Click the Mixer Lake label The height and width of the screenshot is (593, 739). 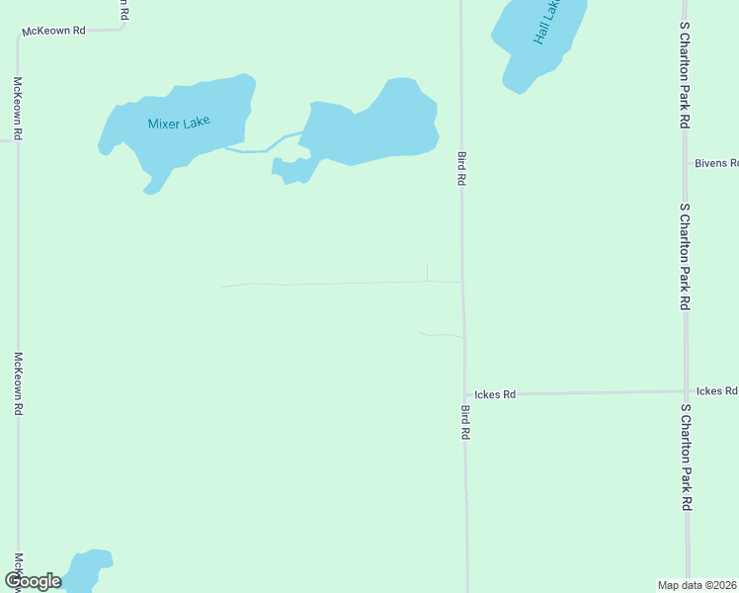point(179,124)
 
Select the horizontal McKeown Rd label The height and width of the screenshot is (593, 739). point(54,31)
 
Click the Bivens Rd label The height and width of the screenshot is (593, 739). point(715,163)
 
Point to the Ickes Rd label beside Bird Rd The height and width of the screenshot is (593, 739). point(495,394)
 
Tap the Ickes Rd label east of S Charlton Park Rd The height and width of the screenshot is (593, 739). point(716,391)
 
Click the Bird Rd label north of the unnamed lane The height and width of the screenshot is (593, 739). point(460,169)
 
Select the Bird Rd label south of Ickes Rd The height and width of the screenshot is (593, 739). point(465,422)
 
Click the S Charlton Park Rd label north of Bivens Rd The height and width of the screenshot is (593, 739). point(684,74)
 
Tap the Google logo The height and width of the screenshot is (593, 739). point(34,581)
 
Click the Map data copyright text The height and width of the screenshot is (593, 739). point(697,584)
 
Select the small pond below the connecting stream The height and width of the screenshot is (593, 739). point(291,171)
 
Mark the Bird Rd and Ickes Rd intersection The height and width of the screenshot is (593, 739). point(464,394)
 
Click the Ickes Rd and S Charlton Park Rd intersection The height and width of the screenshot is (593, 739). point(687,391)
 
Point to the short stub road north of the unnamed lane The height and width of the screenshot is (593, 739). point(427,272)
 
